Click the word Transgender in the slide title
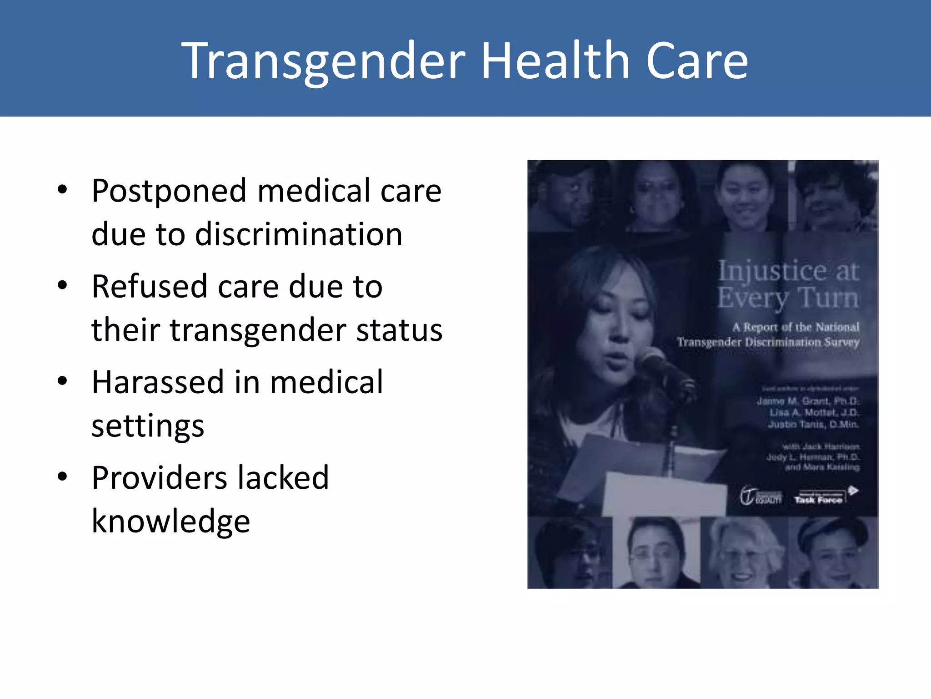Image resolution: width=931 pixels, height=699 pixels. [x=323, y=61]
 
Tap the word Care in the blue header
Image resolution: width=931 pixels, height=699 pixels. [x=696, y=61]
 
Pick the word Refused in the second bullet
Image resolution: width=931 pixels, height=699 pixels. [x=150, y=286]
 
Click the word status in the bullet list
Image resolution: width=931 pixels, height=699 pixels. [x=399, y=329]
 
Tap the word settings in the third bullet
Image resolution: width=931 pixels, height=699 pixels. [x=148, y=426]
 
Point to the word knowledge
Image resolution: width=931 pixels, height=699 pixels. [x=170, y=521]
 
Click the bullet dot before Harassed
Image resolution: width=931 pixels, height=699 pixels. [x=62, y=381]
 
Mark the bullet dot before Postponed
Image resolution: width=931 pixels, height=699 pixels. [x=62, y=190]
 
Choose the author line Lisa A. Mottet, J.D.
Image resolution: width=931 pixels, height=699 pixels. [x=814, y=412]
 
